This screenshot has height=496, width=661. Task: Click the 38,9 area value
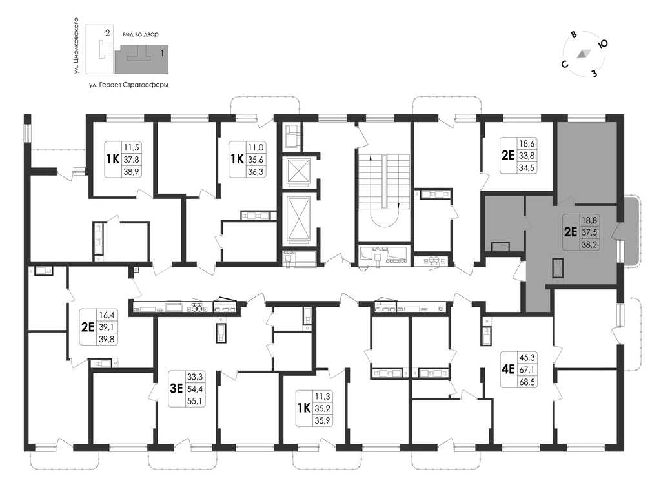point(131,171)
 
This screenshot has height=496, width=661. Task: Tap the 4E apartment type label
point(509,369)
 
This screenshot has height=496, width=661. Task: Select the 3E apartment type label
point(176,388)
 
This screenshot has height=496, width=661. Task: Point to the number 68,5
point(527,382)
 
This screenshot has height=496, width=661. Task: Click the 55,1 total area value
point(195,400)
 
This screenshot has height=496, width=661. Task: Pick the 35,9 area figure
point(323,420)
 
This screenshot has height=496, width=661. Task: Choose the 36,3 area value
point(256,171)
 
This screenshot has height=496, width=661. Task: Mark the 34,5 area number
point(527,167)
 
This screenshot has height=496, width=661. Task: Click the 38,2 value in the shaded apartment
point(589,244)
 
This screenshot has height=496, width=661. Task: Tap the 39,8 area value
point(107,338)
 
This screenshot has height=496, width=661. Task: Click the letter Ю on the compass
point(603,43)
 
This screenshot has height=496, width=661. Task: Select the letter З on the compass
point(595,74)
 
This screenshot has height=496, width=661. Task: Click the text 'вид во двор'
point(140,34)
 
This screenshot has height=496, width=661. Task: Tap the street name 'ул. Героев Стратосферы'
point(128,85)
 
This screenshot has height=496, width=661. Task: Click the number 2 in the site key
point(108,32)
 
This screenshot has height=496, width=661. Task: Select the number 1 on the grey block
point(162,54)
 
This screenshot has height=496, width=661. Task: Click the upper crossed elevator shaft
point(298,170)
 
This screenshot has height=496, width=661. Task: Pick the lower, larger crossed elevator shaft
point(298,220)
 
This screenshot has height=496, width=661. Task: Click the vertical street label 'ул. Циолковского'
point(76,46)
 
